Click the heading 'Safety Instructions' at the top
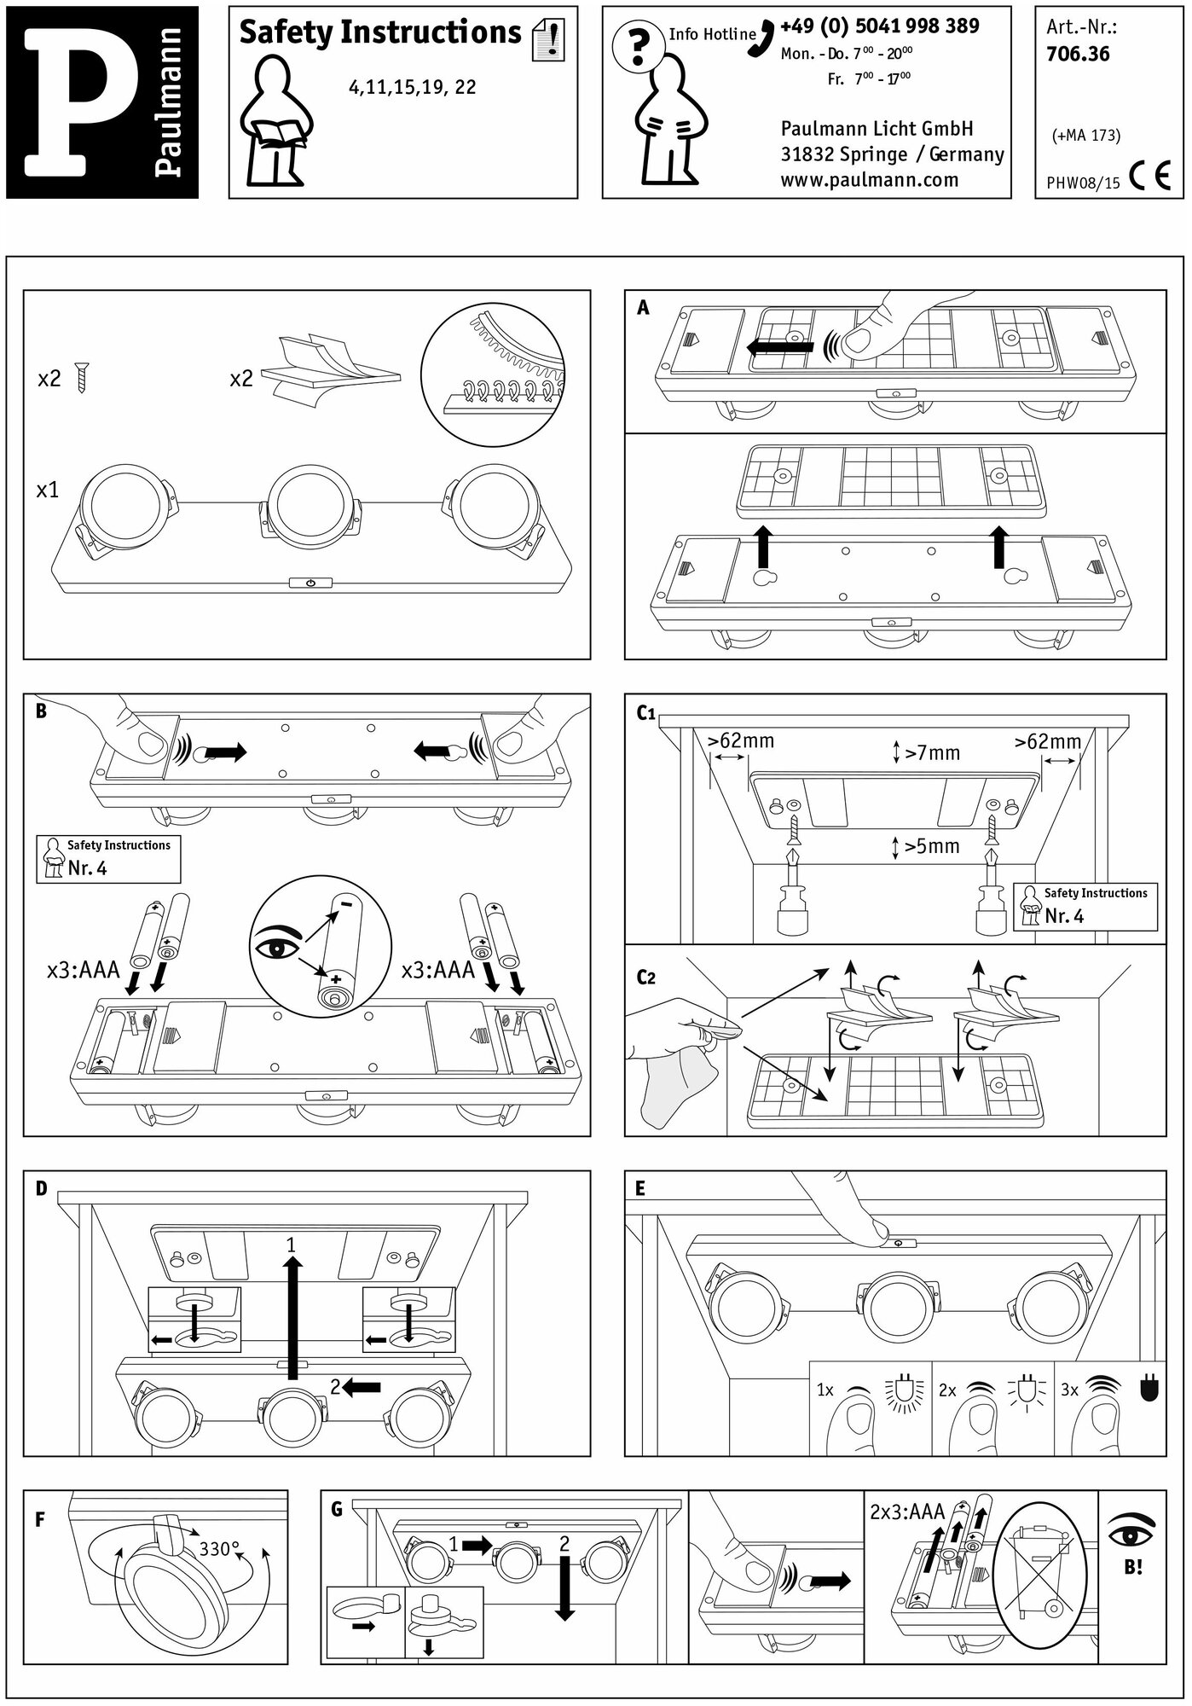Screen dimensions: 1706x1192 pos(379,32)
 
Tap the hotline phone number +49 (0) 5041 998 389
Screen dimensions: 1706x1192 pos(879,26)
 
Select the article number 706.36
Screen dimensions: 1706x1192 pos(1078,55)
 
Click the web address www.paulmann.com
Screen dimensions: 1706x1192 pos(869,180)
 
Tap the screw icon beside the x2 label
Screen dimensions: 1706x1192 pos(83,376)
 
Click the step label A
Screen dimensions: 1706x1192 pos(643,308)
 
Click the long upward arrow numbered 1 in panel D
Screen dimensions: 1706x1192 pos(292,1318)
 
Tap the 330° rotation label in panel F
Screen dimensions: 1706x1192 pos(219,1548)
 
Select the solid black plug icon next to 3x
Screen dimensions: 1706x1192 pos(1149,1390)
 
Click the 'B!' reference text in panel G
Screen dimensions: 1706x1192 pos(1133,1567)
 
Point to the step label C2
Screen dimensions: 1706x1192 pos(646,977)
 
